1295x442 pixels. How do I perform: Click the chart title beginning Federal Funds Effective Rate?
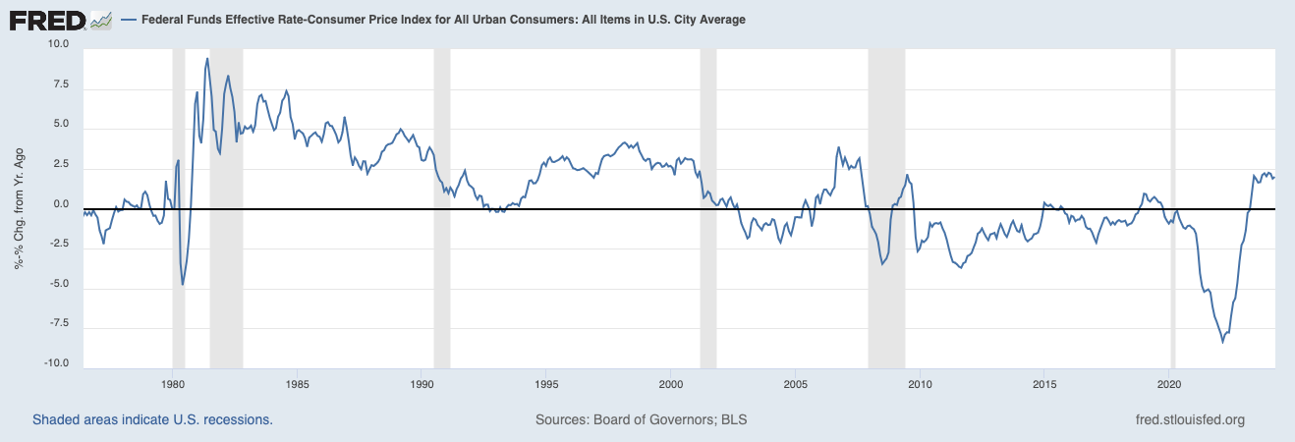click(432, 20)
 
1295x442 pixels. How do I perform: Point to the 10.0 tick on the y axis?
click(58, 44)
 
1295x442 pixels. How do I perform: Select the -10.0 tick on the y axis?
click(55, 363)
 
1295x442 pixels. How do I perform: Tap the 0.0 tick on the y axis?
click(61, 204)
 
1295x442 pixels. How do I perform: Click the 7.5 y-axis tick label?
click(61, 84)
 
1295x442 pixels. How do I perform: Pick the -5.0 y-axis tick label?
click(58, 284)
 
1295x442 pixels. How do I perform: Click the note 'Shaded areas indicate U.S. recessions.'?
click(152, 419)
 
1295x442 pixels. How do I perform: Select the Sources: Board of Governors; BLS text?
click(641, 419)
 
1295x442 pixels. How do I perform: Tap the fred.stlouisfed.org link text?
click(1189, 419)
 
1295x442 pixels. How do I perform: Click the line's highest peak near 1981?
click(206, 59)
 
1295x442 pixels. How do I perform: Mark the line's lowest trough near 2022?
click(1223, 341)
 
